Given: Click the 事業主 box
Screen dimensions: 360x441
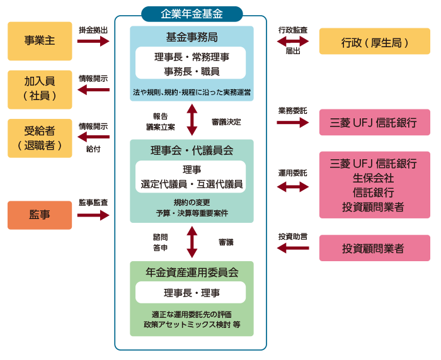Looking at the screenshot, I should [40, 41].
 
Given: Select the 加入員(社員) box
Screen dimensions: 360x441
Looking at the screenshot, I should [40, 89].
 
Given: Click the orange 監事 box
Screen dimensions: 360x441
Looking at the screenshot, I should [40, 215].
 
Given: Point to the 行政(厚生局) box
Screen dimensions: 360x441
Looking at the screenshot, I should [375, 42].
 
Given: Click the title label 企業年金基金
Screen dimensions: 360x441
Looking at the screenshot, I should [192, 13].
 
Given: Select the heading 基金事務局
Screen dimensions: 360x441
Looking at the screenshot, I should [192, 37].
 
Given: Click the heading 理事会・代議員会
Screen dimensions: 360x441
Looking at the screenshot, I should [192, 150].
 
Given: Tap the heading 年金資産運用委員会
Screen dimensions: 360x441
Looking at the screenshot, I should [192, 273].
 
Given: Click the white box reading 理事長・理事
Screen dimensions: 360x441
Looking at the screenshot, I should [192, 293].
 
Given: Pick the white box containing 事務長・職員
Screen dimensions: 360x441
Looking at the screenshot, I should [192, 62].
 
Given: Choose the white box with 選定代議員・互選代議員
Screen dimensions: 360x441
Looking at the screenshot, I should [192, 177].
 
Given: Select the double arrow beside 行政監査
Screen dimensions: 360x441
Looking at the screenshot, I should [293, 41].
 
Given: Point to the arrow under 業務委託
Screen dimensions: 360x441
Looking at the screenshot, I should [293, 122].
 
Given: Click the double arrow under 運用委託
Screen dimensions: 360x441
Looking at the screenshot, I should [293, 186].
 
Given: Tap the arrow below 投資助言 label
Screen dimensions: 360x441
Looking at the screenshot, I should [293, 249].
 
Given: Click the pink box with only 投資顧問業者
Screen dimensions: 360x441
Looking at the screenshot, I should [375, 249].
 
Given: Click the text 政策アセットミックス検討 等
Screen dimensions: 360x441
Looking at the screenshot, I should [192, 325].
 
